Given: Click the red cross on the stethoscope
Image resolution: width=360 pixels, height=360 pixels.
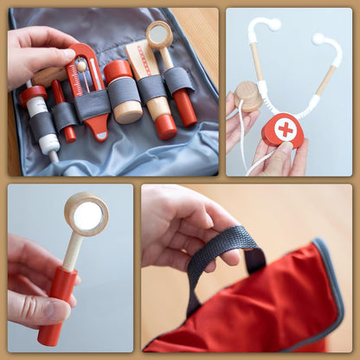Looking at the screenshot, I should click(285, 129).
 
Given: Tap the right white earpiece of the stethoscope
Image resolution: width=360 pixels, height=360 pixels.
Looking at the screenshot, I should click(318, 39).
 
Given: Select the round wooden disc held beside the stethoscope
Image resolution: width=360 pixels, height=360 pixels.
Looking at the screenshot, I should click(248, 95).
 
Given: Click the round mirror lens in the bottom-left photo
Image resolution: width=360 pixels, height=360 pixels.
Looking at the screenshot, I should click(87, 215).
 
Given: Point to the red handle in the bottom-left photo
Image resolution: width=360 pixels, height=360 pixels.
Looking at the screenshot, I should click(57, 303).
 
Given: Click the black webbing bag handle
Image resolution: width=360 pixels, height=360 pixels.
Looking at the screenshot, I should click(221, 251).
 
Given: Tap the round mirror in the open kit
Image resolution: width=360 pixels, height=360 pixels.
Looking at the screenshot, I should click(158, 35).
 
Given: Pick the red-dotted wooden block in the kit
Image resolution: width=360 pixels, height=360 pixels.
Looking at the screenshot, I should click(141, 61).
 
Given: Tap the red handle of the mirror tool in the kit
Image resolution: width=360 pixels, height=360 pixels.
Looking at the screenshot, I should click(184, 107).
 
